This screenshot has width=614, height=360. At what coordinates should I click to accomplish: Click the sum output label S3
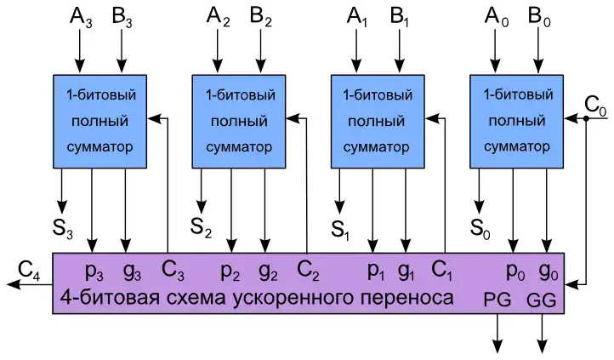pyautogui.click(x=63, y=228)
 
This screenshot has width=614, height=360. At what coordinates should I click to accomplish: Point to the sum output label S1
pyautogui.click(x=341, y=227)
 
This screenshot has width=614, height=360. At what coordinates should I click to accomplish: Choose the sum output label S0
pyautogui.click(x=480, y=227)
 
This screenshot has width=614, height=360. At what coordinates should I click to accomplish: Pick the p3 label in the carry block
pyautogui.click(x=94, y=271)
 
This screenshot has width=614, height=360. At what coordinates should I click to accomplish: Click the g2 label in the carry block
pyautogui.click(x=268, y=271)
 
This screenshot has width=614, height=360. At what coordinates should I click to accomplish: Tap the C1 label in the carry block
pyautogui.click(x=443, y=271)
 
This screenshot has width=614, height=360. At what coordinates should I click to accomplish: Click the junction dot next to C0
pyautogui.click(x=587, y=118)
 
